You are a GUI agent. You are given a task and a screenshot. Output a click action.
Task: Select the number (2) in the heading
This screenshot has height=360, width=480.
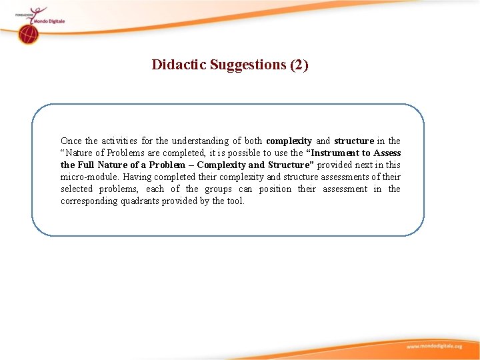299,65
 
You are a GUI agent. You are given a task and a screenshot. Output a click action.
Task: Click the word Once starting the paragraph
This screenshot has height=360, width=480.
71,141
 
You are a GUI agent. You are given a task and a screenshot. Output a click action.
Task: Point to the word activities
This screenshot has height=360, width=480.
119,141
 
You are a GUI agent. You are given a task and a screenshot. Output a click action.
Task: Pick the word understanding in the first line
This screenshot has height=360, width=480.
199,141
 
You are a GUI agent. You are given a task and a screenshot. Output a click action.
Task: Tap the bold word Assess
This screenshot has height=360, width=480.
387,153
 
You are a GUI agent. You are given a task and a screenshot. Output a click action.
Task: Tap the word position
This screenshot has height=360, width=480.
275,189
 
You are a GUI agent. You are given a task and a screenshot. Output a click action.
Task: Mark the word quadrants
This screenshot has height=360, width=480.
140,201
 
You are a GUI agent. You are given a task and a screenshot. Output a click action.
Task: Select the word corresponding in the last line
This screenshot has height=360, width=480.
89,201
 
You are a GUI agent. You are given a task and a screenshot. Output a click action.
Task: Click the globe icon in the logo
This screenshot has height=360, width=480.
28,35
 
